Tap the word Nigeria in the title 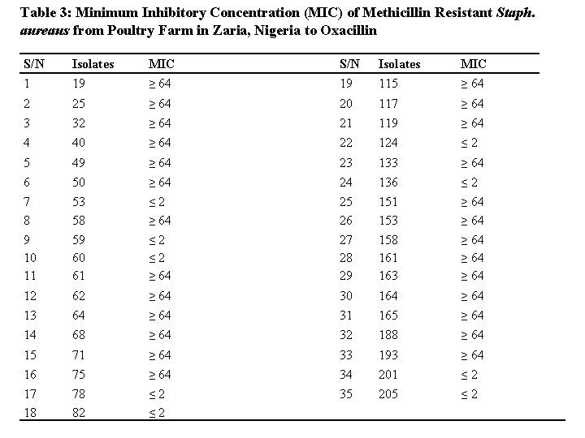pos(257,30)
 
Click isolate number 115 pos(388,84)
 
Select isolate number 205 pos(388,394)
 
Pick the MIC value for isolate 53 pos(158,201)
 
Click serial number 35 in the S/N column pos(347,394)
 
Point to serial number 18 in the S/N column pos(31,413)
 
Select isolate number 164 pos(388,296)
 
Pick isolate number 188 pos(388,335)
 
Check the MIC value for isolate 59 pos(158,240)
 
